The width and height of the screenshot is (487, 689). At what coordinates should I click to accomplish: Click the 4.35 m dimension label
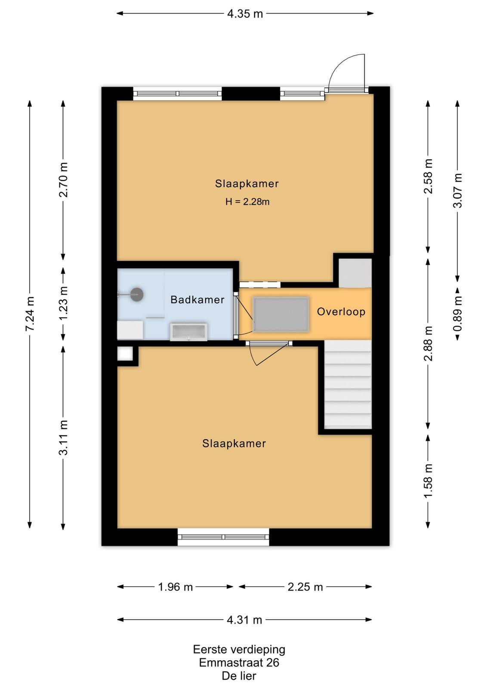point(245,14)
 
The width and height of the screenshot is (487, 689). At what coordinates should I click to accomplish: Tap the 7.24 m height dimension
point(30,314)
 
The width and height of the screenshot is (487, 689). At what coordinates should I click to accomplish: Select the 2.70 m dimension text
point(63,180)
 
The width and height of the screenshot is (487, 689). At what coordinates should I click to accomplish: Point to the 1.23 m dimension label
point(63,303)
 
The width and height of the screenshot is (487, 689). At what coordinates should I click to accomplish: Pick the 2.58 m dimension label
point(428,176)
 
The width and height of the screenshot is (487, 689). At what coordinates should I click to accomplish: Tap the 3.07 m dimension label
point(457,190)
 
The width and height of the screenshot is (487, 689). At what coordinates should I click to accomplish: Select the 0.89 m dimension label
point(457,314)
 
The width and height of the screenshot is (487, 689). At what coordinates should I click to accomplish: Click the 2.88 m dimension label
point(428,343)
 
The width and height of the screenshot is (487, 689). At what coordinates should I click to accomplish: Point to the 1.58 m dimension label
point(428,481)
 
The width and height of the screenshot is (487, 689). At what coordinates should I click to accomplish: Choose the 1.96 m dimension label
point(175,587)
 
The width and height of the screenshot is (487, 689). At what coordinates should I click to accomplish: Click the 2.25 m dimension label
point(305,587)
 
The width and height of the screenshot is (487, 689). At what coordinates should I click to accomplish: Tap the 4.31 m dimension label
point(244,620)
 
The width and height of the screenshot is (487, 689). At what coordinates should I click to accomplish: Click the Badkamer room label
point(197,300)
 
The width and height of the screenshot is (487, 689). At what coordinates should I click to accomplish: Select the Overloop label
point(341,312)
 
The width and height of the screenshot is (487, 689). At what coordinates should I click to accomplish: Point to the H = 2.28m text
point(247,202)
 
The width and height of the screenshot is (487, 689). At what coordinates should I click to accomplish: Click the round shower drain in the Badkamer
point(137,295)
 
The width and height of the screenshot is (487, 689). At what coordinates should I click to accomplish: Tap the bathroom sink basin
point(188,332)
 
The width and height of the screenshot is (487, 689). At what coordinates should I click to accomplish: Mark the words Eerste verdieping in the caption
point(239,649)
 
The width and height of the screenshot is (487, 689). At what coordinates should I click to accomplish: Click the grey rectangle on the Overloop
point(280,314)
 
